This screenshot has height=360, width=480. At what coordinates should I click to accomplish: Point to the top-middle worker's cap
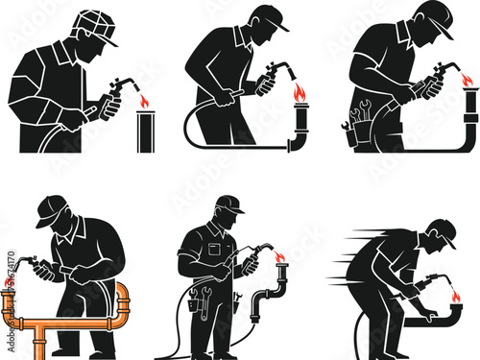click(x=268, y=16)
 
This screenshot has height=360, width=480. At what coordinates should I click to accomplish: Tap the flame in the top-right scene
click(x=468, y=79)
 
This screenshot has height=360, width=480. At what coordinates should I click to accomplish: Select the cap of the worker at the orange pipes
click(x=51, y=208)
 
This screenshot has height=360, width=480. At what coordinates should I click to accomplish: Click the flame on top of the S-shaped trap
click(x=280, y=256)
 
